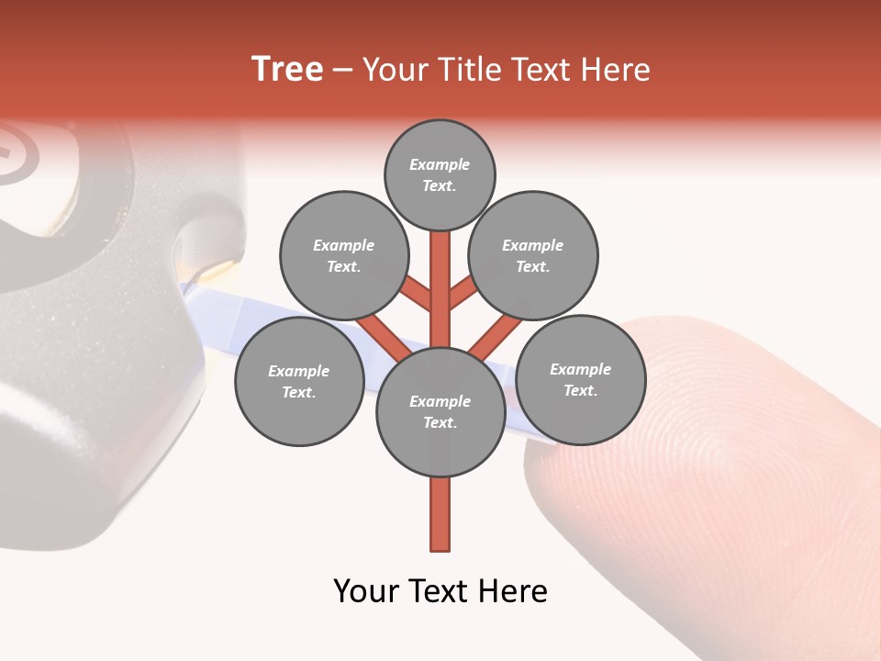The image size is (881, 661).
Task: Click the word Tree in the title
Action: (x=287, y=70)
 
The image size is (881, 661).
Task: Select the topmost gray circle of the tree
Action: (x=440, y=174)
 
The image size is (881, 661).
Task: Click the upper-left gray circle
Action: (x=344, y=255)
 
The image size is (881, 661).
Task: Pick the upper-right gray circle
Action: (x=533, y=255)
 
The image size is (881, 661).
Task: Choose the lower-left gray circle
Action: (x=299, y=381)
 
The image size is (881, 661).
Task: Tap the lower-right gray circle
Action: (x=580, y=379)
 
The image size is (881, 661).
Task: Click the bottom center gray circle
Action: (x=440, y=412)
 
